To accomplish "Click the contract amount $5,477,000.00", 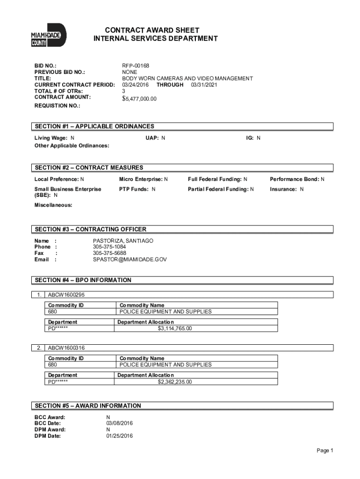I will click(139, 99).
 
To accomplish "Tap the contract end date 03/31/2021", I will click(204, 85).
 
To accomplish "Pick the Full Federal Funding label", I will click(215, 179).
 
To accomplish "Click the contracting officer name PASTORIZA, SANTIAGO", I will click(123, 240).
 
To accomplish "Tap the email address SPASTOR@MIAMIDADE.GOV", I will click(130, 259).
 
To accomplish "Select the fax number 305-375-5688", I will click(109, 253).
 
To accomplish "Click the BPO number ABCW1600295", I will click(66, 295).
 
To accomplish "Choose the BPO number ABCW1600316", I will click(66, 348).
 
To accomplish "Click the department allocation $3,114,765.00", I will click(174, 328).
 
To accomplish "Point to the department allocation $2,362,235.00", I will click(174, 382).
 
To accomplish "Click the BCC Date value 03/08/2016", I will click(120, 423).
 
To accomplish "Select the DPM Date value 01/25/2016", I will click(120, 436).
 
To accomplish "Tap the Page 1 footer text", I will click(324, 450).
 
